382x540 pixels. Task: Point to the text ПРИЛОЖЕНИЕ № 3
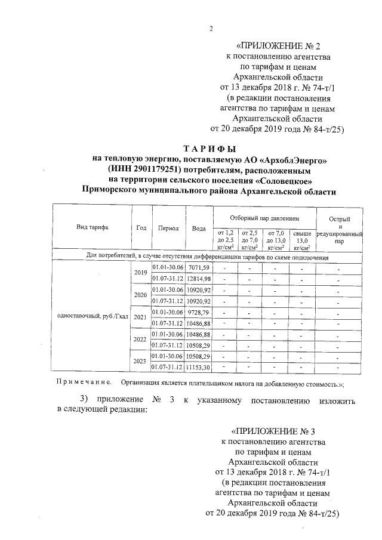tap(272, 431)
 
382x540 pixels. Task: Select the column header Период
tap(168, 229)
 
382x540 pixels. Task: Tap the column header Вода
tap(199, 229)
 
